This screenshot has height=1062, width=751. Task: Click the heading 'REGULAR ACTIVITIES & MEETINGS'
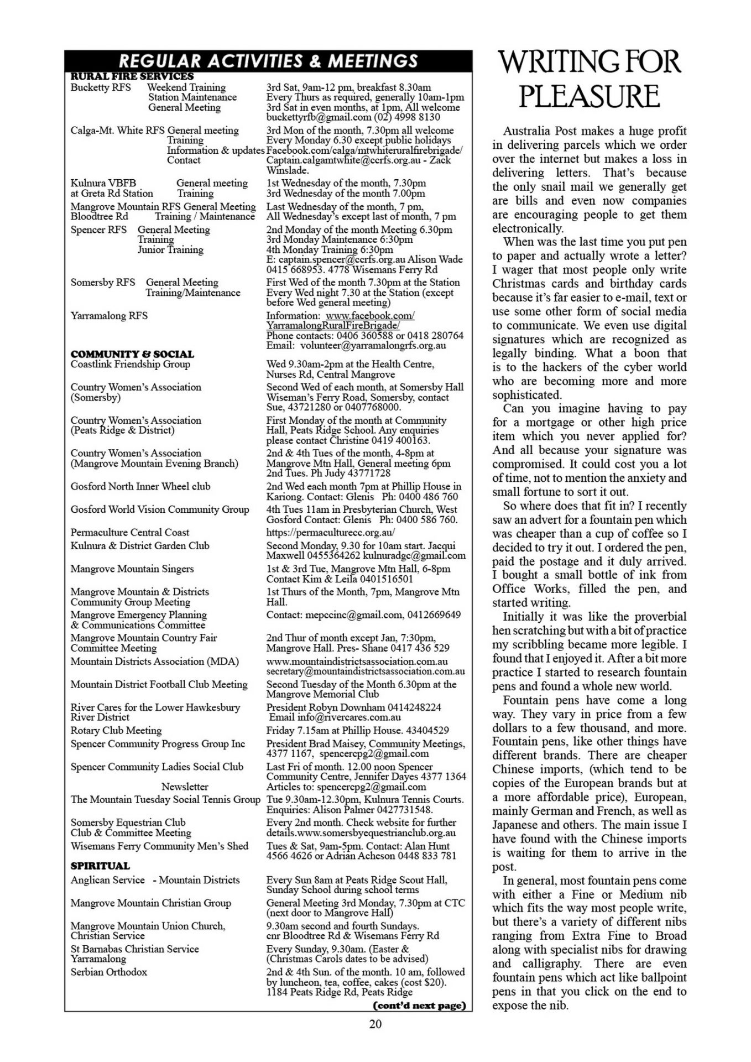pos(268,60)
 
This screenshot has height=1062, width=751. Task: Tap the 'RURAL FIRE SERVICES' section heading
pos(132,76)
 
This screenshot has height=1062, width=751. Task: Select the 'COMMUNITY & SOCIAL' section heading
pos(132,354)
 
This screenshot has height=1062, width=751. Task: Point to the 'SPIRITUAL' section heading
pos(100,866)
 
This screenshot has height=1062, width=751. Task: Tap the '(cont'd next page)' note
pos(420,1005)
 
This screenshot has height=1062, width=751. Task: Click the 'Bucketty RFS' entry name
pos(101,87)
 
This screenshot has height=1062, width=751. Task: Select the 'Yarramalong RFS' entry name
pos(109,316)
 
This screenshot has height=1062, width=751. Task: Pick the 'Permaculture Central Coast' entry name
pos(130,532)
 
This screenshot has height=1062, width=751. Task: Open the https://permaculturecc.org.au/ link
pos(331,533)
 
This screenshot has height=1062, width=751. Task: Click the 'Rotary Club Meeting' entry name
pos(116,730)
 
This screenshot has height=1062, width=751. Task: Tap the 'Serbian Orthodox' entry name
pos(109,971)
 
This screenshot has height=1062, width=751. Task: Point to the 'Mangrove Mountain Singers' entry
pos(132,569)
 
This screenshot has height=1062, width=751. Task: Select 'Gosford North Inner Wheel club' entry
pos(140,486)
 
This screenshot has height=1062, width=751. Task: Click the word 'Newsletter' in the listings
pos(185,787)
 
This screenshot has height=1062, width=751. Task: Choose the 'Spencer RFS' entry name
pos(98,230)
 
